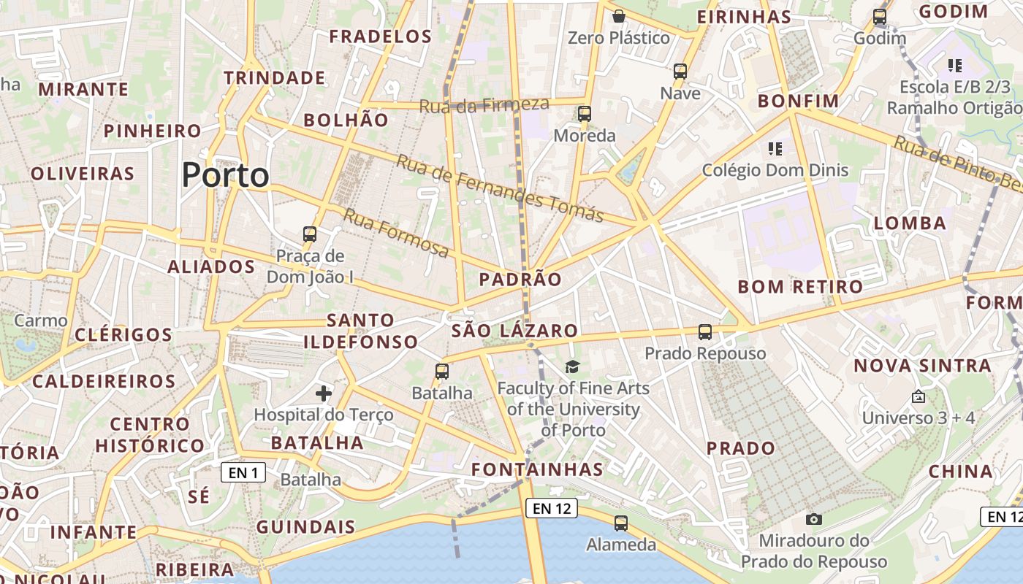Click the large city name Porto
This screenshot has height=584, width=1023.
click(225, 175)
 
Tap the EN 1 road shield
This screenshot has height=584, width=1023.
click(243, 473)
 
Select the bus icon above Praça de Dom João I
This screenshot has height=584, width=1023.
click(310, 234)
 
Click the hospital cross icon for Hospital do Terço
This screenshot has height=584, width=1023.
click(324, 394)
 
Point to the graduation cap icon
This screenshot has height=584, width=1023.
click(572, 366)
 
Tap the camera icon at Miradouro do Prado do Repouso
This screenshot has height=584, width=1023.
click(813, 519)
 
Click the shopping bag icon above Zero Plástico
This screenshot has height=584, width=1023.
click(619, 16)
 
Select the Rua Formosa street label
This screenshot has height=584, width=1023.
click(396, 233)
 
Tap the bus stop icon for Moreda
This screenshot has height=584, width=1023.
click(584, 114)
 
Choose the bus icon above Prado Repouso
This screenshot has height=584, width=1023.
click(705, 332)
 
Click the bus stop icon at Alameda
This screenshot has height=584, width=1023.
click(621, 523)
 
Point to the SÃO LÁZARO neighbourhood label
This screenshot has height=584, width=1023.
click(514, 331)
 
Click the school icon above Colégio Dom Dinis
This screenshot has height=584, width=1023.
click(775, 149)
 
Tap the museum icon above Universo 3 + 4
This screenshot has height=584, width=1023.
click(919, 396)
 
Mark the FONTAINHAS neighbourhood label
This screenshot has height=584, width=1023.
click(537, 469)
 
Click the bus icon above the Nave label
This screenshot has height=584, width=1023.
click(680, 72)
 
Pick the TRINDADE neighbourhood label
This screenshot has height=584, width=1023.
click(274, 77)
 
